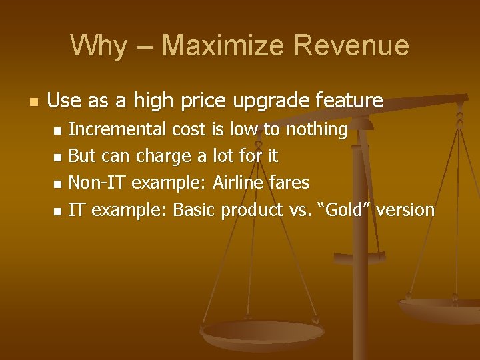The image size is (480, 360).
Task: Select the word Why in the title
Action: (98, 45)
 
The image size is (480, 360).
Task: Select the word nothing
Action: (317, 129)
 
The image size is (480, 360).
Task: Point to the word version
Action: (405, 209)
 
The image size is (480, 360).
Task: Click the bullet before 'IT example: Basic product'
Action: (57, 211)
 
